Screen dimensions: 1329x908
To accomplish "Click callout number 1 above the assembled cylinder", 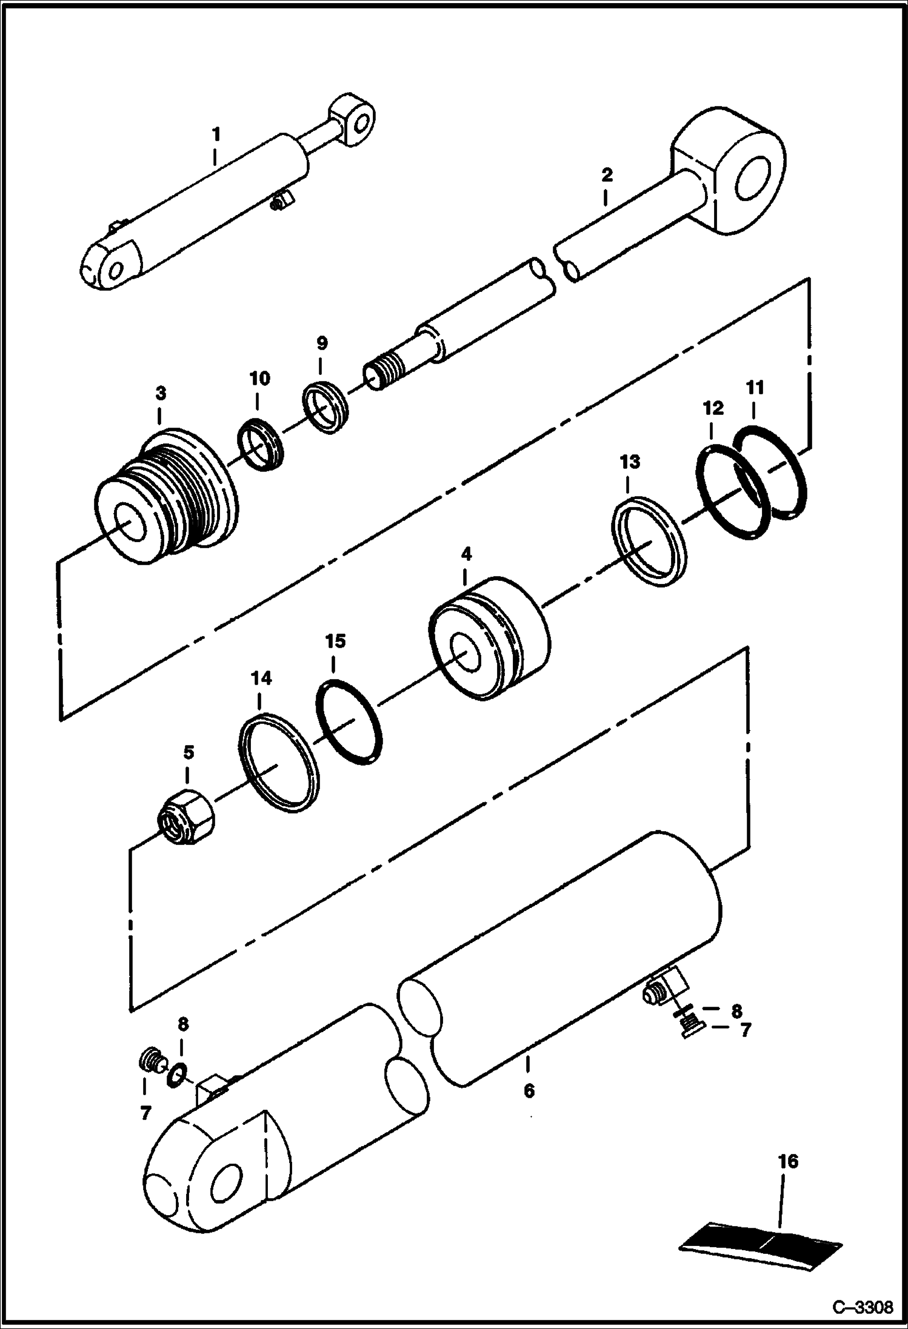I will click(215, 134).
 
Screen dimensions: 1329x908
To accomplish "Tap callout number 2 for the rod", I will click(606, 176).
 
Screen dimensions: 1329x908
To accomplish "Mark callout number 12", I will click(713, 408).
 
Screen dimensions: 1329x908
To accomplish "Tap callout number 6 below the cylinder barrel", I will click(529, 1091).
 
